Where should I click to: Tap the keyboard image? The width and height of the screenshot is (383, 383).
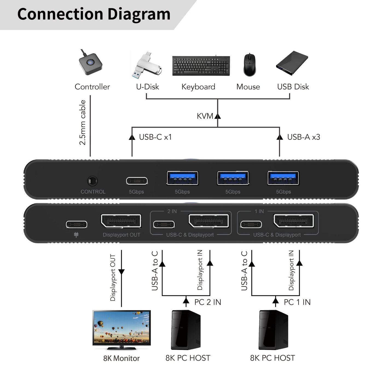pyautogui.click(x=201, y=66)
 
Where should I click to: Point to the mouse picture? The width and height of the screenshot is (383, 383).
pyautogui.click(x=249, y=65)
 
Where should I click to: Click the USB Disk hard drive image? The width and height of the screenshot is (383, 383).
pyautogui.click(x=292, y=63)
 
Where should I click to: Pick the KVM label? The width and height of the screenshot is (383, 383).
pyautogui.click(x=205, y=116)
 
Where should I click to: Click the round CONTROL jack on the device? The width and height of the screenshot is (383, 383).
pyautogui.click(x=92, y=181)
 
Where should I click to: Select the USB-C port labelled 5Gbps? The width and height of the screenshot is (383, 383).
pyautogui.click(x=137, y=181)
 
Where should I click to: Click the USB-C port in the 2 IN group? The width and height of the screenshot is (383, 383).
pyautogui.click(x=164, y=225)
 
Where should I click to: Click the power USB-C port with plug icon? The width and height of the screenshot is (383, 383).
pyautogui.click(x=77, y=225)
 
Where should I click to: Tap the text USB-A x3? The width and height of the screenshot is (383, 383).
pyautogui.click(x=303, y=137)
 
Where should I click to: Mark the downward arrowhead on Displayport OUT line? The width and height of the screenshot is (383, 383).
pyautogui.click(x=121, y=272)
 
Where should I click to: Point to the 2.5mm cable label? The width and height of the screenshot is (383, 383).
pyautogui.click(x=82, y=122)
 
